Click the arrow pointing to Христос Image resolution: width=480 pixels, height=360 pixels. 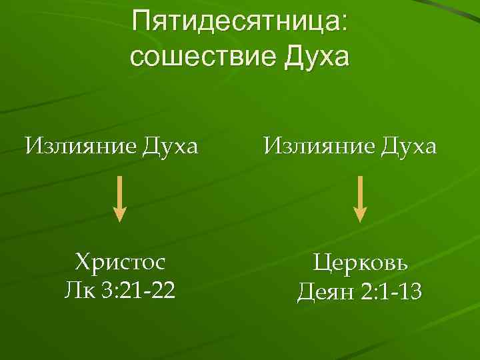coord(119,197)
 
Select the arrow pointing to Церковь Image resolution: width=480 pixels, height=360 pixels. coord(360,197)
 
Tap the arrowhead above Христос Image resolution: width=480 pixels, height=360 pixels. coord(119,213)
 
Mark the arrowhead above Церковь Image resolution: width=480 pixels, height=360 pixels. coord(360,213)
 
